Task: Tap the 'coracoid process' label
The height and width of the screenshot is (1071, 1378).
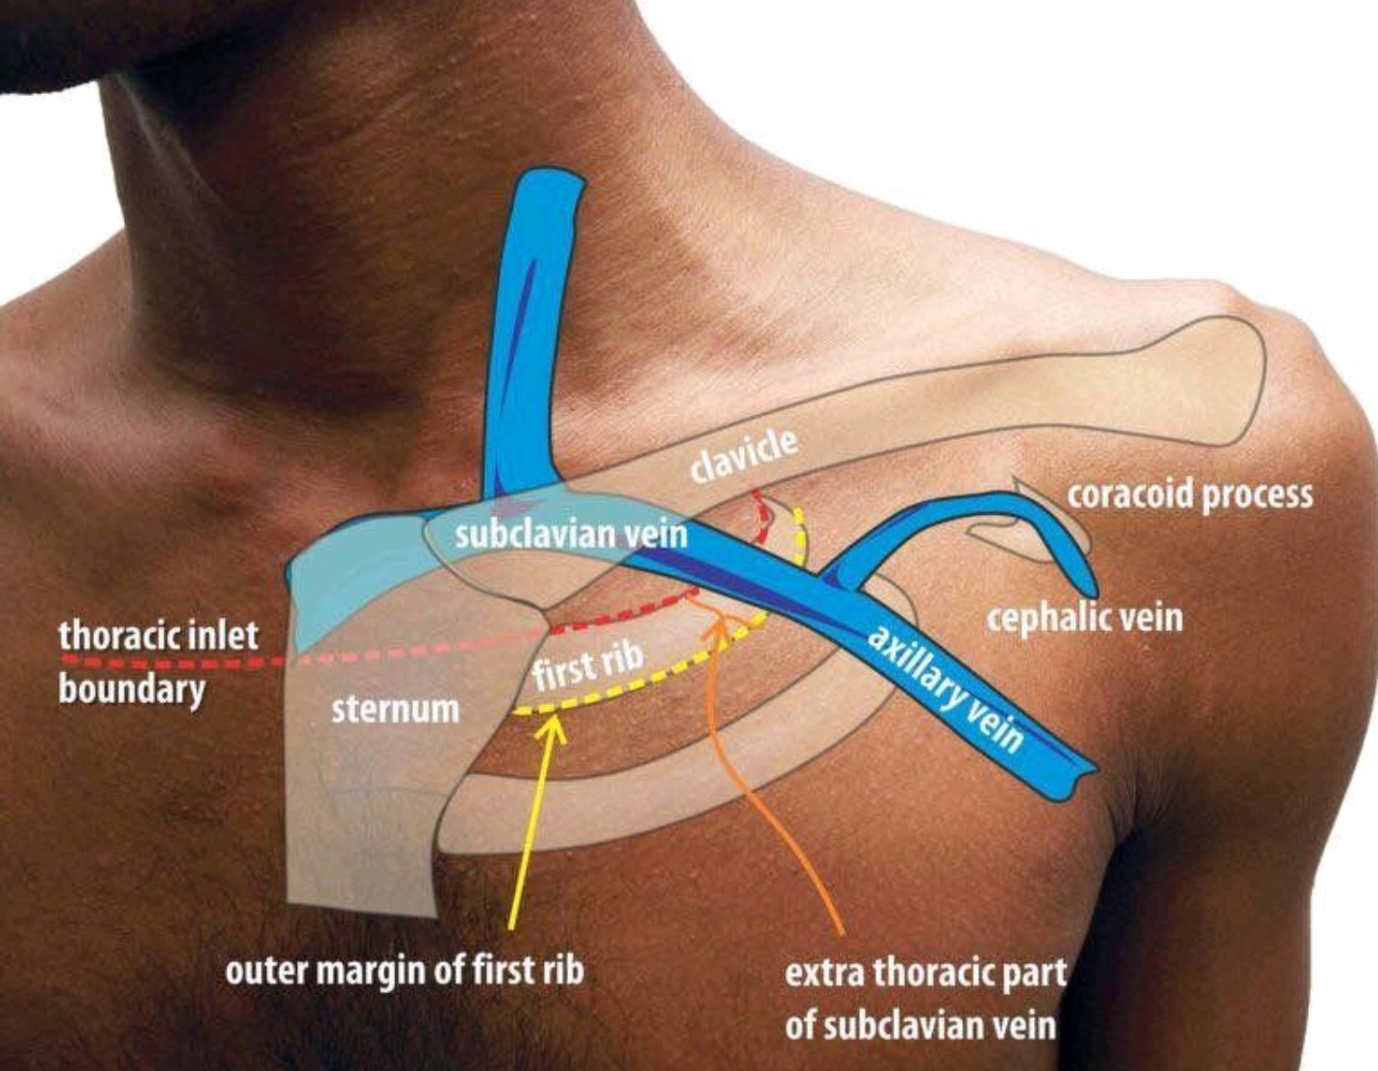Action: (1191, 495)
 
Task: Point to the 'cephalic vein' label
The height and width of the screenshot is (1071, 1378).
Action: (1084, 617)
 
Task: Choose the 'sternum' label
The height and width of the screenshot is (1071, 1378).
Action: (395, 709)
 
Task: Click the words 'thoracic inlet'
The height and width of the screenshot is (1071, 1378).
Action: (159, 636)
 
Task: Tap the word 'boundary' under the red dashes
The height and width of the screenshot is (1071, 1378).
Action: (132, 690)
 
